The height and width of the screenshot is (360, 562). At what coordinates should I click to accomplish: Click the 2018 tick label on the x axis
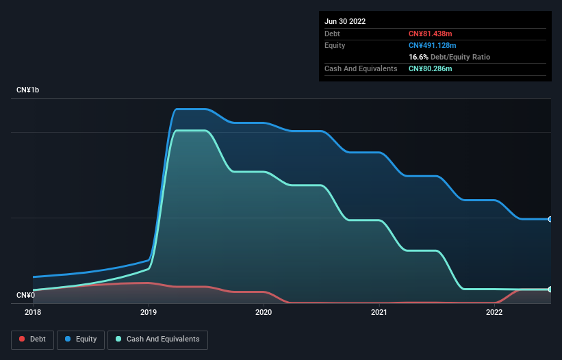(x=33, y=312)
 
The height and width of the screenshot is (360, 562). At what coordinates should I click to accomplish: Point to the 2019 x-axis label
(x=148, y=312)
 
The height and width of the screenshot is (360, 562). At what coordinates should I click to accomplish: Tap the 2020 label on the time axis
(x=264, y=312)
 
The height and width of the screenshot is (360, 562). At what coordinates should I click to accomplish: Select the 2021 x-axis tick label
(x=379, y=312)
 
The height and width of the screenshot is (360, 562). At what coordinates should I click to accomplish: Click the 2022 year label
(x=494, y=312)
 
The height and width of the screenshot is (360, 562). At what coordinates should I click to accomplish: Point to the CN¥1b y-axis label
(x=28, y=90)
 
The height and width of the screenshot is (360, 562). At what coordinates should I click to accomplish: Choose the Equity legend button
(x=81, y=339)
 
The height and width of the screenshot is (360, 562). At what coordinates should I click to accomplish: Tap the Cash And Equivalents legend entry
(x=157, y=339)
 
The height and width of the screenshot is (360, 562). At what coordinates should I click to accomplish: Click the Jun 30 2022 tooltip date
(x=345, y=21)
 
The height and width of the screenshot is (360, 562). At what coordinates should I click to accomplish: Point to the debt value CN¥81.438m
(x=431, y=34)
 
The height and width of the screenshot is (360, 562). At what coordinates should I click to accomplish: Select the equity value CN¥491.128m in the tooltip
(x=433, y=45)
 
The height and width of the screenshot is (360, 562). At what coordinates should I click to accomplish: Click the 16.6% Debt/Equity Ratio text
(x=450, y=57)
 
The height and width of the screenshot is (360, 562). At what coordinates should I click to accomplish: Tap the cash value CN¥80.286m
(x=431, y=68)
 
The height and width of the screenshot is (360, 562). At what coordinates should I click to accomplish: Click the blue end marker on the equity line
(x=550, y=219)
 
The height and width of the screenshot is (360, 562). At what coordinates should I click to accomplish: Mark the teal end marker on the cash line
(x=550, y=290)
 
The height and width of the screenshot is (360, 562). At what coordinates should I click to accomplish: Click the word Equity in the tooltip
(x=335, y=45)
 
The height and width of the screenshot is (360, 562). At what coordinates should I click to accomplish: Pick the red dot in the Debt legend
(x=22, y=339)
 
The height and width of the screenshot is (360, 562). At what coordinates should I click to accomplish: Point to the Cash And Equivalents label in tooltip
(x=361, y=68)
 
